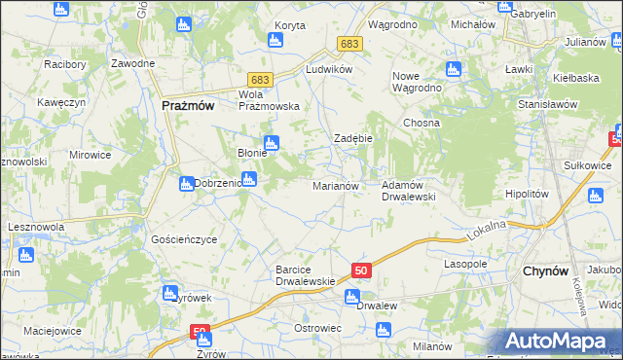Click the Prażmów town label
(180, 107)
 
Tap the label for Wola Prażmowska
(268, 100)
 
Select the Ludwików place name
(327, 70)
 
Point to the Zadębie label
(353, 138)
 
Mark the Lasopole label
(465, 264)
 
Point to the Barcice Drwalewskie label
(306, 275)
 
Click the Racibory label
(66, 64)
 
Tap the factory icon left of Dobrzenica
(185, 183)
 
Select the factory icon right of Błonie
(272, 143)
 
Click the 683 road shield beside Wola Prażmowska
(259, 79)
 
